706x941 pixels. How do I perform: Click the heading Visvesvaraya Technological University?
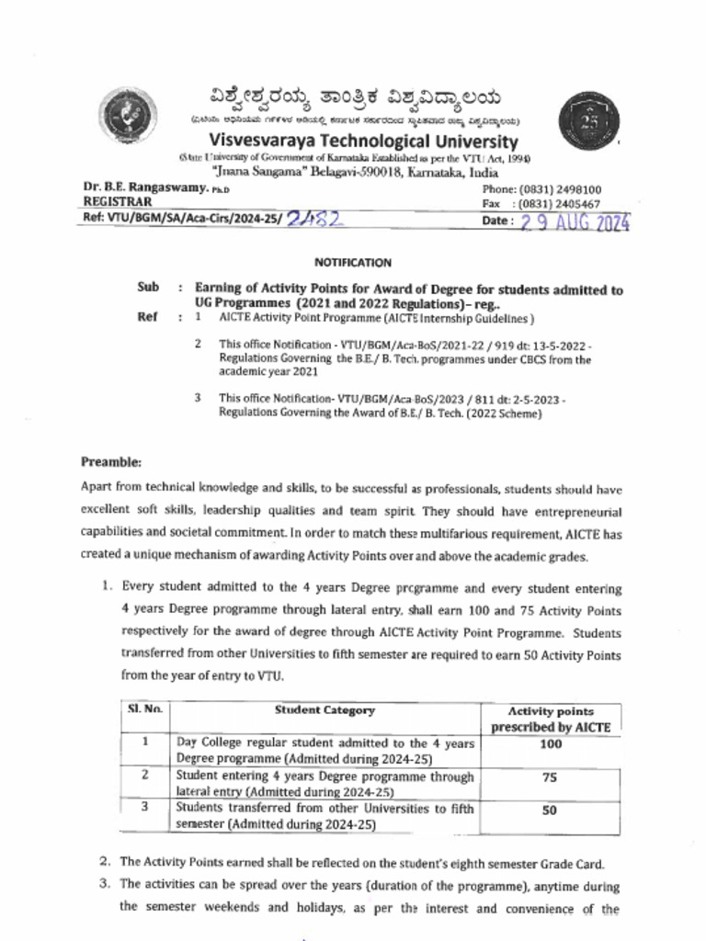point(363,142)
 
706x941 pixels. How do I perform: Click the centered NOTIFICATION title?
point(352,263)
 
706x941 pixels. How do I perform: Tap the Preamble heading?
point(110,461)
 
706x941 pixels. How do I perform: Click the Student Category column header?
point(325,710)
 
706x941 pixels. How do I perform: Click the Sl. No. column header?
point(144,710)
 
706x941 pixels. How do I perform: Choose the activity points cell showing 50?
point(550,811)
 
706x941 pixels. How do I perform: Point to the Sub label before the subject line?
point(148,288)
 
